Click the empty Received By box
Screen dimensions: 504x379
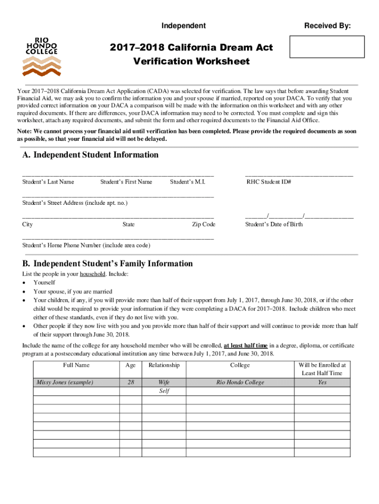(x=327, y=47)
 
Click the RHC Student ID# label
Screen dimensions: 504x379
(x=269, y=182)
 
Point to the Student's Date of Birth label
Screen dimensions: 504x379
(x=274, y=224)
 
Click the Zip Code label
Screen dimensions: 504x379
(x=203, y=224)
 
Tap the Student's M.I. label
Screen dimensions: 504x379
(x=187, y=182)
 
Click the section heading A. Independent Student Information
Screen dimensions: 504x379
(x=90, y=155)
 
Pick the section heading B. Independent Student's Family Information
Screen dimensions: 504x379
(x=107, y=264)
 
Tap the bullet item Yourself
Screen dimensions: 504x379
(x=44, y=283)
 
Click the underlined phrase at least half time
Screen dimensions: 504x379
(x=248, y=346)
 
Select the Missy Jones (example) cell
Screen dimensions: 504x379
(x=65, y=382)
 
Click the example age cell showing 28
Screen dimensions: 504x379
(x=130, y=382)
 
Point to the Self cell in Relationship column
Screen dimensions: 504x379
(x=164, y=391)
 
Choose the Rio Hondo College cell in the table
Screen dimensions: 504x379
(x=240, y=382)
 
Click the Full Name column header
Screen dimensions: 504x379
(x=76, y=365)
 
